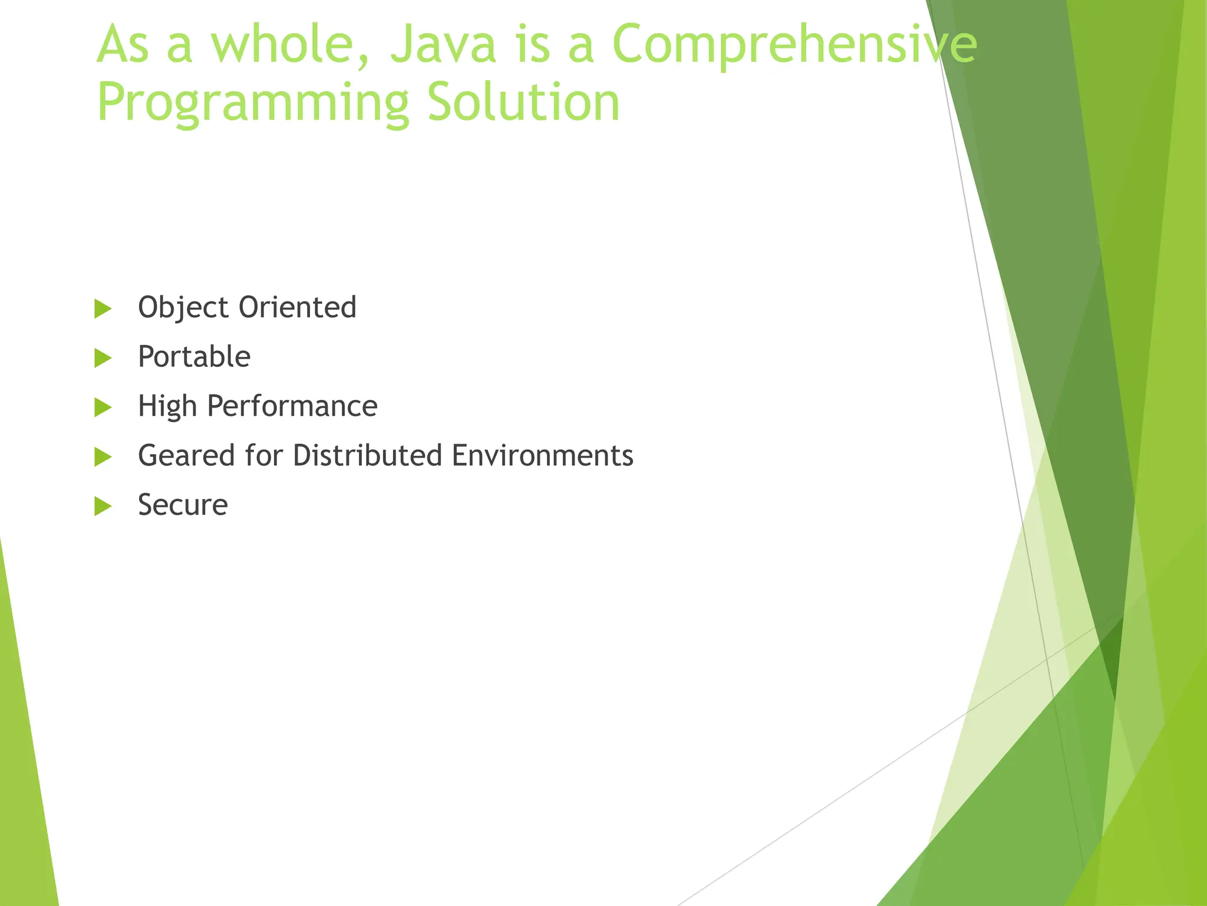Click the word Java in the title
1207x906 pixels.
click(443, 45)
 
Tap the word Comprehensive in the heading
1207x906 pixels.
click(794, 45)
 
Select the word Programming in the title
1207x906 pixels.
click(253, 103)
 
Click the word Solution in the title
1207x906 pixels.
click(523, 103)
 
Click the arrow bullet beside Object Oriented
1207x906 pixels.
click(103, 308)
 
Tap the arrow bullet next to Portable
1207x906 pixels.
click(103, 358)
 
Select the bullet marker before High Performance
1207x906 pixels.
click(103, 407)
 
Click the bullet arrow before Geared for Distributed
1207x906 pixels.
click(103, 457)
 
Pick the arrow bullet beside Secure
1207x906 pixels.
click(103, 506)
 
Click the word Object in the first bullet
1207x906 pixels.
click(183, 308)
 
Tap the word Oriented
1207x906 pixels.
click(297, 308)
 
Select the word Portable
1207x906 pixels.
click(194, 357)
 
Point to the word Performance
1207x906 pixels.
click(292, 406)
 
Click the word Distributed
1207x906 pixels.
click(367, 456)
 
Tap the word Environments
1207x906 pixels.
click(542, 456)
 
